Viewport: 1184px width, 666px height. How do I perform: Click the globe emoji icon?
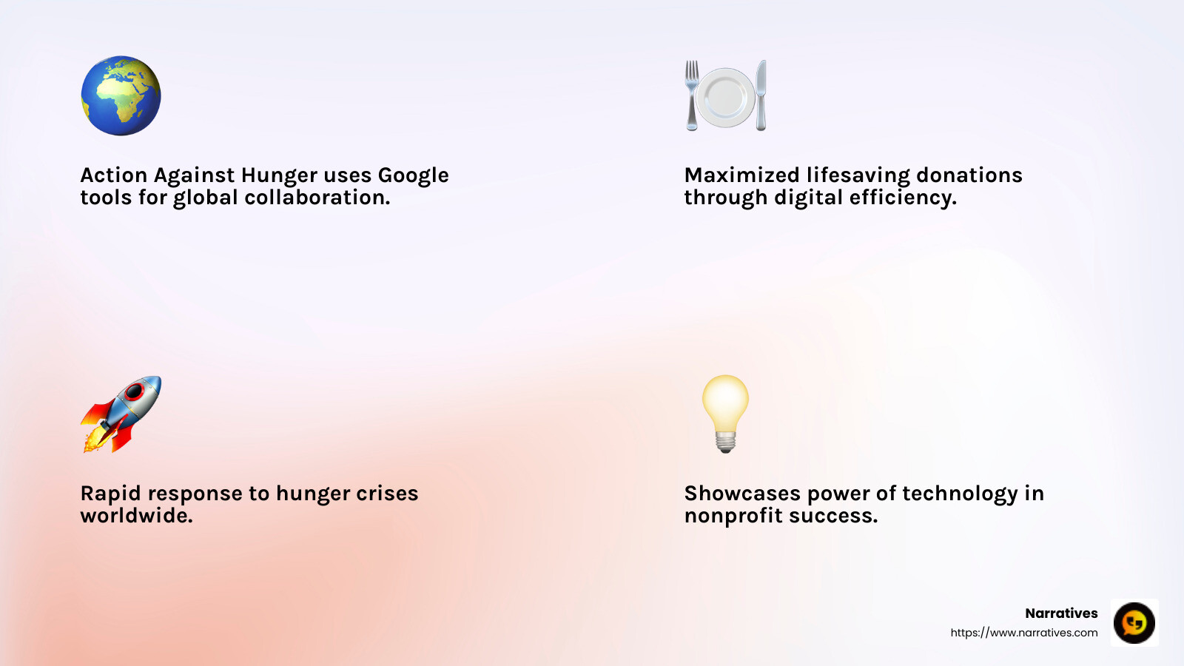[121, 95]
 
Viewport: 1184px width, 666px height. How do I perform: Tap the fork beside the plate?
[692, 95]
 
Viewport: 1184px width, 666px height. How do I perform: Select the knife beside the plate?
[761, 95]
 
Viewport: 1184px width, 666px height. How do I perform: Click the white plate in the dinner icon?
[725, 97]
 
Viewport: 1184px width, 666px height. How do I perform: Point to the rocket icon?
[121, 414]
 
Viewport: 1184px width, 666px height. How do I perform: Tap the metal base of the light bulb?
[725, 443]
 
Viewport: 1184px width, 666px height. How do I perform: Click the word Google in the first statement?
[413, 175]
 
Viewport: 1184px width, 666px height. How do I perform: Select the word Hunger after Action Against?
[279, 175]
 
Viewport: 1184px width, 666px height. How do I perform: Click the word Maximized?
[741, 175]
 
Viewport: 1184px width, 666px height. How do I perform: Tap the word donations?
[969, 175]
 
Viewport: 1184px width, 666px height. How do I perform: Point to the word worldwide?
[136, 516]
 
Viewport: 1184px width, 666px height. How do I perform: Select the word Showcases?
[742, 494]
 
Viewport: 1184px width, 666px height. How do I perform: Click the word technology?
[960, 494]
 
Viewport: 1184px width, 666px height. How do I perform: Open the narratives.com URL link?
[1024, 633]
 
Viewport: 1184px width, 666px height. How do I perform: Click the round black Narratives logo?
[1134, 622]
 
